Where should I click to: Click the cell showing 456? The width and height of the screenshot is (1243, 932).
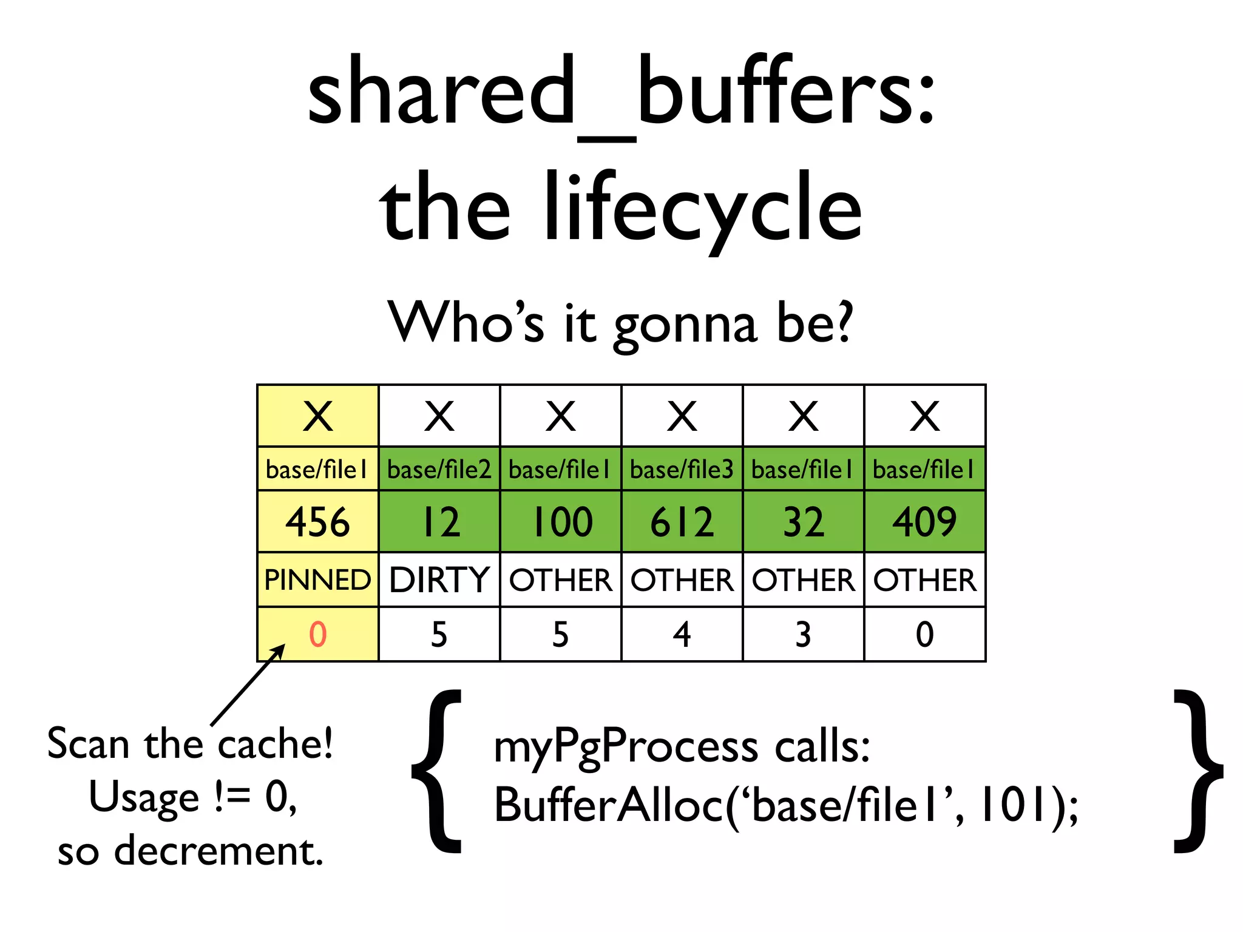pyautogui.click(x=317, y=522)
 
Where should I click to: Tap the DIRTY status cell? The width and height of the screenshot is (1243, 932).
pyautogui.click(x=439, y=580)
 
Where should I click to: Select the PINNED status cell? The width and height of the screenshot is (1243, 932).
pyautogui.click(x=317, y=580)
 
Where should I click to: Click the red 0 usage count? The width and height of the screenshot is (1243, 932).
pyautogui.click(x=317, y=635)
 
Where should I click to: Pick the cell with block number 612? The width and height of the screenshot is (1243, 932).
pyautogui.click(x=682, y=522)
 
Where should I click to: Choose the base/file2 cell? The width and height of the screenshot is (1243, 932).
pyautogui.click(x=439, y=470)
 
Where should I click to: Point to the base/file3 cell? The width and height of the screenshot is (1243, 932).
pyautogui.click(x=682, y=470)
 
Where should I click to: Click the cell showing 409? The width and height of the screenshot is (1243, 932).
pyautogui.click(x=924, y=522)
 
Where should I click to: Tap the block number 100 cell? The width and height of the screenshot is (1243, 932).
pyautogui.click(x=560, y=522)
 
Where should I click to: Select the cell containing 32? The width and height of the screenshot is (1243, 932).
pyautogui.click(x=803, y=522)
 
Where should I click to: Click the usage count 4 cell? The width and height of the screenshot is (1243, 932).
pyautogui.click(x=682, y=635)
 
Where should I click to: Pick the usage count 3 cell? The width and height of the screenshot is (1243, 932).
pyautogui.click(x=803, y=635)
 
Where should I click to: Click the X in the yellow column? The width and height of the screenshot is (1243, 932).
pyautogui.click(x=317, y=416)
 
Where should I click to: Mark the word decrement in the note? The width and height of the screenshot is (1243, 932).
pyautogui.click(x=218, y=851)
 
